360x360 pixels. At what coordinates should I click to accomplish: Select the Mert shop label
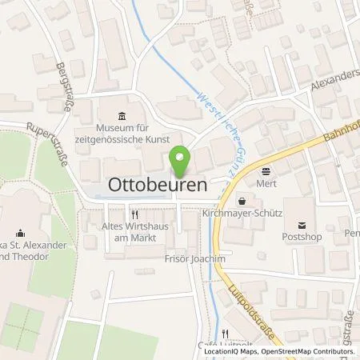coord(266,182)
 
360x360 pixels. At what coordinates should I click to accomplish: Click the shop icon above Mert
coord(266,170)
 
